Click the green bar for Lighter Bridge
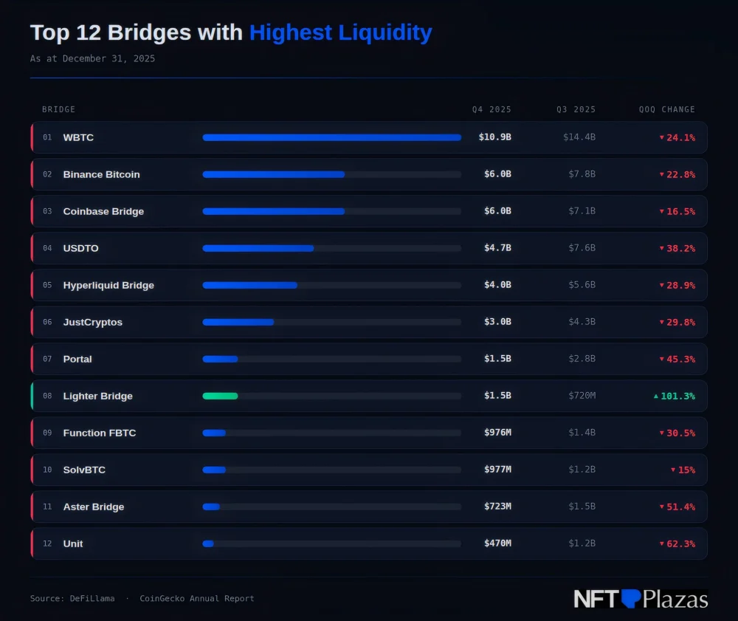[x=220, y=396]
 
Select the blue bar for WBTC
[x=331, y=137]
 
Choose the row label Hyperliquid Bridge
[x=108, y=285]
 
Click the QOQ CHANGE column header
[x=666, y=109]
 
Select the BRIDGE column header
[x=58, y=109]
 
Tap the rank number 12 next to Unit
[x=47, y=543]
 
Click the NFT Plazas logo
[x=641, y=599]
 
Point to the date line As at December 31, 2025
[x=92, y=58]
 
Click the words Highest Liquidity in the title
[x=340, y=32]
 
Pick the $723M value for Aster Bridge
[x=497, y=507]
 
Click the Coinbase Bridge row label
[x=103, y=211]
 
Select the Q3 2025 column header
[x=576, y=109]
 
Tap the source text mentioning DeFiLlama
[x=72, y=598]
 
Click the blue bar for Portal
[x=220, y=359]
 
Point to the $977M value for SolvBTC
[x=497, y=470]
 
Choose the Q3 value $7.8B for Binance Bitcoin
[x=582, y=174]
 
